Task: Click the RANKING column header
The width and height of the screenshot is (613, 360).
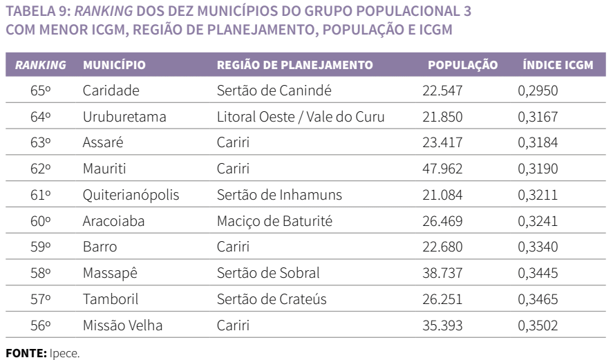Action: pyautogui.click(x=41, y=66)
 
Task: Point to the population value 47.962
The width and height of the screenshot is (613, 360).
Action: pyautogui.click(x=442, y=168)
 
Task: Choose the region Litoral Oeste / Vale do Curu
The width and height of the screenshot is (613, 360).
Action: pyautogui.click(x=301, y=115)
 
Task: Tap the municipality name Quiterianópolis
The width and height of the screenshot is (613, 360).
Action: pyautogui.click(x=131, y=194)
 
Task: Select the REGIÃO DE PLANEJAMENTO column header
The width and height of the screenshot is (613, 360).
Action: pyautogui.click(x=295, y=66)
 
